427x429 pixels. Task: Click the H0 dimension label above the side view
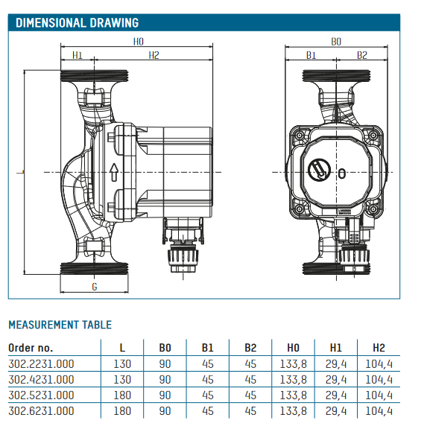(x=138, y=42)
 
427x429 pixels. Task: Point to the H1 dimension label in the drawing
(x=78, y=55)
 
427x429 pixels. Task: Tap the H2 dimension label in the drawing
(x=154, y=55)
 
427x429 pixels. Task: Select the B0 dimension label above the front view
(x=336, y=42)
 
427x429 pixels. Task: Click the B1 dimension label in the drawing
(x=311, y=55)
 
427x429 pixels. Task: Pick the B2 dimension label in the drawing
(x=362, y=55)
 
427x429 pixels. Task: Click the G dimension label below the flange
(x=95, y=287)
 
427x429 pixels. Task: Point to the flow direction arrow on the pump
(x=113, y=172)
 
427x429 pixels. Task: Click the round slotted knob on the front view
(x=319, y=170)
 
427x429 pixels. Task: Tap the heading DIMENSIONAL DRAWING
(x=78, y=22)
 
